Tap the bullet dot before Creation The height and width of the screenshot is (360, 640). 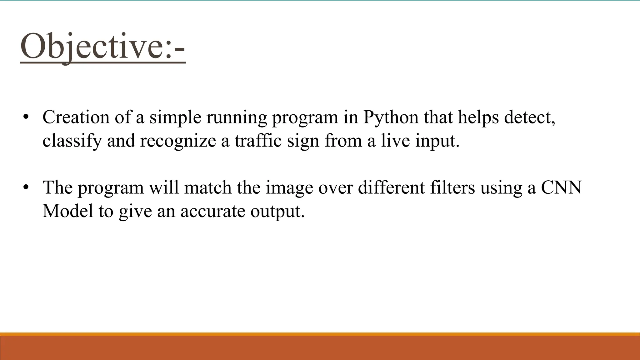pos(26,117)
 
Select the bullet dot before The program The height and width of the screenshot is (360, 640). pos(26,187)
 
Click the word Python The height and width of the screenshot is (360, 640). pos(391,117)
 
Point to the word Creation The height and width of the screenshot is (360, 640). pos(76,117)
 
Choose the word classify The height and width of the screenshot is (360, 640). pos(72,141)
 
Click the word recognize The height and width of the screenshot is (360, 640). pos(178,141)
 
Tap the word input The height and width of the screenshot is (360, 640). pos(437,141)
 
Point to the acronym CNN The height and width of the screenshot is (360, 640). pos(561,188)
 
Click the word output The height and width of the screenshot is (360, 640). pos(277,212)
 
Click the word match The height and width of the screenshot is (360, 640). pos(207,187)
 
